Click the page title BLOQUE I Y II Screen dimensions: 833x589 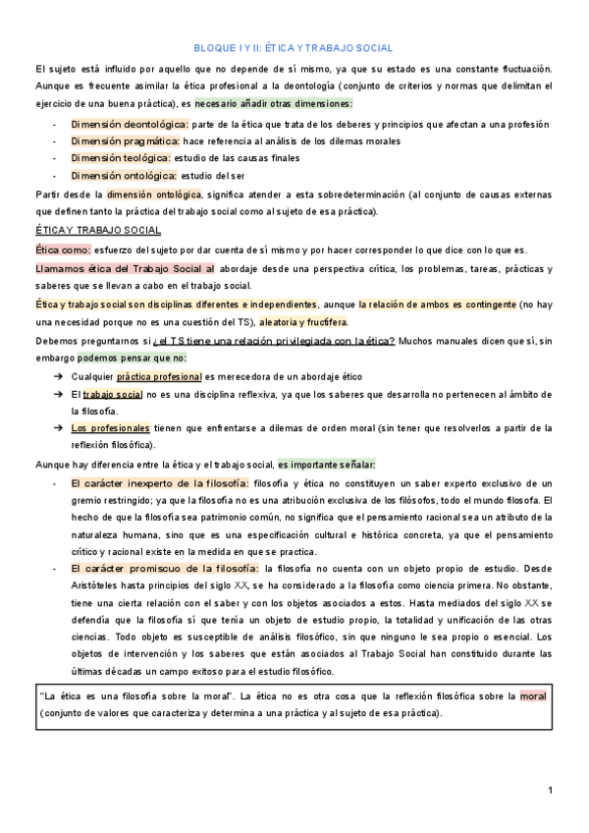(x=294, y=47)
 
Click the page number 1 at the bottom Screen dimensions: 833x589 (x=551, y=791)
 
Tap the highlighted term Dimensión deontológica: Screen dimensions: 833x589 (x=129, y=125)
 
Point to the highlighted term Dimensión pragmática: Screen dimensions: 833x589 (x=125, y=141)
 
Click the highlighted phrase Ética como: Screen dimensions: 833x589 (x=63, y=250)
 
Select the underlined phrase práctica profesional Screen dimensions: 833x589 (x=159, y=376)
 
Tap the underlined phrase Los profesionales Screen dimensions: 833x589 (x=111, y=427)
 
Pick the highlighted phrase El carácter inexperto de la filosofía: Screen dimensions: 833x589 (x=160, y=483)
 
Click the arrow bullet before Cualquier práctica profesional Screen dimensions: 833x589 (x=58, y=376)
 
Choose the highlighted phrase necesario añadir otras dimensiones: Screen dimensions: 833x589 (x=274, y=103)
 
